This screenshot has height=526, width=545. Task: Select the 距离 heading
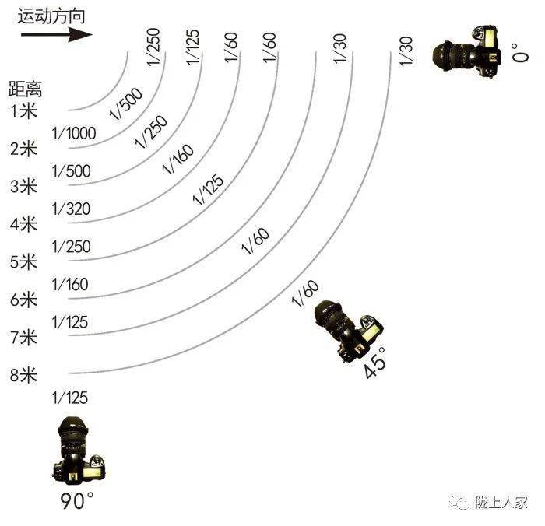25,87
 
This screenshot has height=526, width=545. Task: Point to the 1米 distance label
24,110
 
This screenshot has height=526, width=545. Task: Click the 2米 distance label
24,148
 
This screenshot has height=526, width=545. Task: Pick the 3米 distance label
24,186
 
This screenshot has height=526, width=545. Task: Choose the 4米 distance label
24,224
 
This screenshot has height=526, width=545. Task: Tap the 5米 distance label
24,261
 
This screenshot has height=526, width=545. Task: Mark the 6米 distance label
24,300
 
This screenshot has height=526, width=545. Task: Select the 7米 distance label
24,338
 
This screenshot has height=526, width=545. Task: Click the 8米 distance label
24,376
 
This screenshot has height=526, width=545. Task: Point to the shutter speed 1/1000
73,134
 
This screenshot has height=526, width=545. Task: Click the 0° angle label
519,56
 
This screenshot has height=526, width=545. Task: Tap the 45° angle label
375,366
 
